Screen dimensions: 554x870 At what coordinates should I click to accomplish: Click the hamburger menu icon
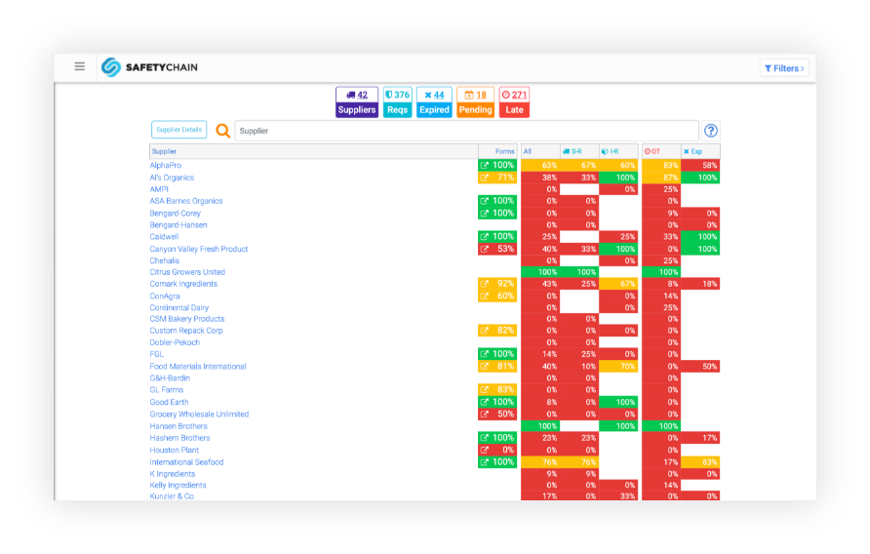click(x=80, y=66)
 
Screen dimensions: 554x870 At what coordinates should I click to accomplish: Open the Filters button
click(x=784, y=68)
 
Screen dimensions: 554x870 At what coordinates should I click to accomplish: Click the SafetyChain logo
click(x=150, y=67)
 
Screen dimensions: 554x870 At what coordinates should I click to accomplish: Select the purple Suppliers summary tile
click(x=357, y=102)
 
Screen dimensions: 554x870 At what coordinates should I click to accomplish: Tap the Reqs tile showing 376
click(x=397, y=102)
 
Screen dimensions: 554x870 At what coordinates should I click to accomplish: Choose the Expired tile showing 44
click(x=434, y=102)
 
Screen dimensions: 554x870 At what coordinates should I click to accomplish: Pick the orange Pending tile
click(x=475, y=102)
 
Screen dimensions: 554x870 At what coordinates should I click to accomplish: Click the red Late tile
click(x=514, y=102)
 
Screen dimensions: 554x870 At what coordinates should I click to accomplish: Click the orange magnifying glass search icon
click(x=223, y=131)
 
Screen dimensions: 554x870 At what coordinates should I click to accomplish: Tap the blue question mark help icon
click(x=711, y=131)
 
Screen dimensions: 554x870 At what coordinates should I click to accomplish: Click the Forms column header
click(x=504, y=151)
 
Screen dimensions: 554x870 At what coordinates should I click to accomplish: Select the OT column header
click(x=653, y=151)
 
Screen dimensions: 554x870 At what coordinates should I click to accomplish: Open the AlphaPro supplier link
click(x=166, y=166)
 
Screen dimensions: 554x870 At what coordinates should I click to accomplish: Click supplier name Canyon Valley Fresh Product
click(x=199, y=249)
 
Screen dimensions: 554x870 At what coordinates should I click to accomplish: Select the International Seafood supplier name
click(x=186, y=462)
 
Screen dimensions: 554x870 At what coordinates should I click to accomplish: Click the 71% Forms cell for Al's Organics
click(x=497, y=178)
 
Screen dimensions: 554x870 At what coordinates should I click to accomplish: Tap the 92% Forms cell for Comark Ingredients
click(x=497, y=284)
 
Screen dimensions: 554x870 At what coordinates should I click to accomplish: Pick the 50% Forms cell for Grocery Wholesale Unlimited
click(x=497, y=415)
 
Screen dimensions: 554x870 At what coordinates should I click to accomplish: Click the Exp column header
click(x=693, y=151)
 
